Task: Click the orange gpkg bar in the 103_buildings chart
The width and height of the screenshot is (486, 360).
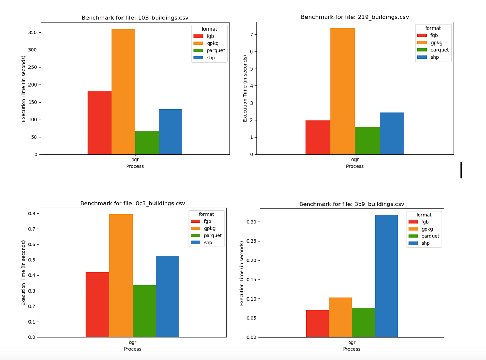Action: click(x=123, y=92)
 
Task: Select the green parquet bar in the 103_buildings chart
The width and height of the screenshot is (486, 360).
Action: click(x=147, y=142)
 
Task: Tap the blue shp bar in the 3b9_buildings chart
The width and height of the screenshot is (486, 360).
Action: click(x=386, y=276)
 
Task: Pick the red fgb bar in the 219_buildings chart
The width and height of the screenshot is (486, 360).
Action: click(x=318, y=137)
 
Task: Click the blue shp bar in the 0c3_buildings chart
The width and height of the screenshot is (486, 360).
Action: click(x=168, y=297)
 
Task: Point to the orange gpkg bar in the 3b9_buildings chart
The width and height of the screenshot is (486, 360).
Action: click(x=340, y=318)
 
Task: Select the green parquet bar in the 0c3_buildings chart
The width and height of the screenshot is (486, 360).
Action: click(x=144, y=311)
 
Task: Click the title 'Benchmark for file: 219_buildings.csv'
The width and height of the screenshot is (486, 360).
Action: click(x=355, y=17)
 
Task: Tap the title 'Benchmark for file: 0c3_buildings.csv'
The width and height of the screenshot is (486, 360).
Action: click(x=133, y=203)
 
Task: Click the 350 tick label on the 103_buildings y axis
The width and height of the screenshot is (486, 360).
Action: click(x=32, y=32)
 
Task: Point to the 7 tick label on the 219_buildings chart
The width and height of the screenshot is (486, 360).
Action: click(x=252, y=35)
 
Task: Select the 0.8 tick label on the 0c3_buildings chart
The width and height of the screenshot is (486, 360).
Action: click(x=32, y=213)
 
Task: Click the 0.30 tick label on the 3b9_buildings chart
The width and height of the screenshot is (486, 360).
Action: click(x=251, y=222)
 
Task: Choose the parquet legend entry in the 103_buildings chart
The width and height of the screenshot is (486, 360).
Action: click(x=209, y=50)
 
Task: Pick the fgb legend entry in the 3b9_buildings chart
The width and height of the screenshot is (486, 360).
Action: click(x=419, y=222)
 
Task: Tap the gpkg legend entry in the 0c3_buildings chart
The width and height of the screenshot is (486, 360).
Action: click(x=203, y=228)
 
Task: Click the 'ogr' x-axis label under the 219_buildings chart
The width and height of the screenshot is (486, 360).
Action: click(x=355, y=160)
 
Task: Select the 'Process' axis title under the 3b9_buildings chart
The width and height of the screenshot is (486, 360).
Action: click(x=352, y=349)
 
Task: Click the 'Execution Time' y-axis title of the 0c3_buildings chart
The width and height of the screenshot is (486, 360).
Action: click(x=23, y=273)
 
